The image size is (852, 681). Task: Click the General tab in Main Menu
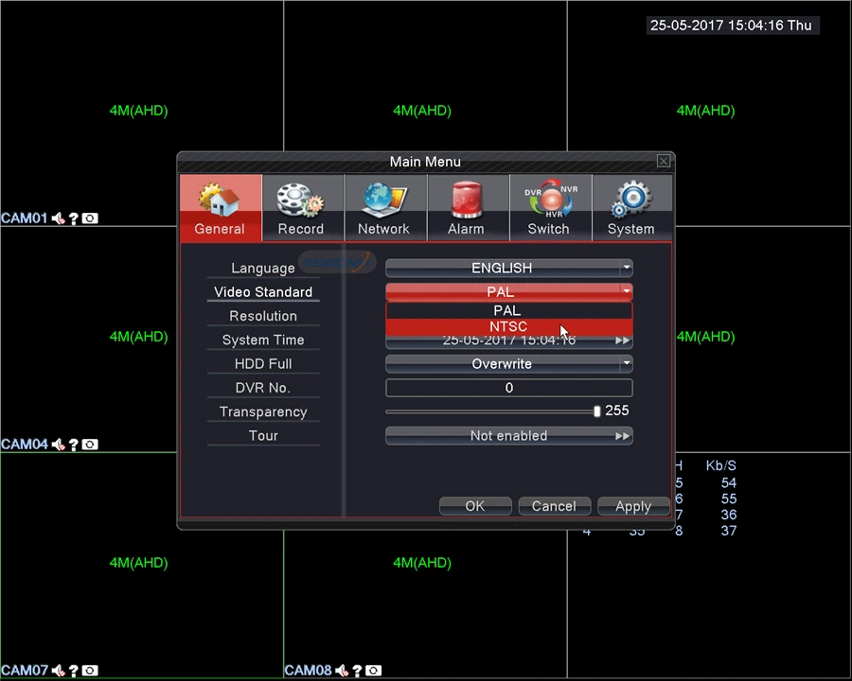(220, 207)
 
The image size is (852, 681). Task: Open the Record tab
(301, 207)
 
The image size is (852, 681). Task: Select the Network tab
(383, 207)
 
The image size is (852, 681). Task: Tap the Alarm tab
(466, 207)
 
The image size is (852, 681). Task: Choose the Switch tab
(548, 207)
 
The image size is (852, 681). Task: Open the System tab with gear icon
(631, 207)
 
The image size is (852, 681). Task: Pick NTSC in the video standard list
(508, 327)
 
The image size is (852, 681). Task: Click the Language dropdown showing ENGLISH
(508, 269)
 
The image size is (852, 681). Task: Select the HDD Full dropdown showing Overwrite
(508, 364)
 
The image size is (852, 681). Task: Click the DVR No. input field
(508, 388)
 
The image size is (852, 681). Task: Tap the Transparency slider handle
(596, 411)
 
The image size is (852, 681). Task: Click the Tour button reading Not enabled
(508, 436)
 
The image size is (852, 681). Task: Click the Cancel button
(554, 507)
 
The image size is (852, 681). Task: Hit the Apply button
(633, 507)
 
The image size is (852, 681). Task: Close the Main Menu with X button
(664, 162)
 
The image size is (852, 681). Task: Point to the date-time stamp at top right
(731, 26)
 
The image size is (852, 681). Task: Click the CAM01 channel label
(24, 218)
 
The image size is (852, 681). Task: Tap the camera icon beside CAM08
(374, 671)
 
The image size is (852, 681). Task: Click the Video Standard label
(263, 292)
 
